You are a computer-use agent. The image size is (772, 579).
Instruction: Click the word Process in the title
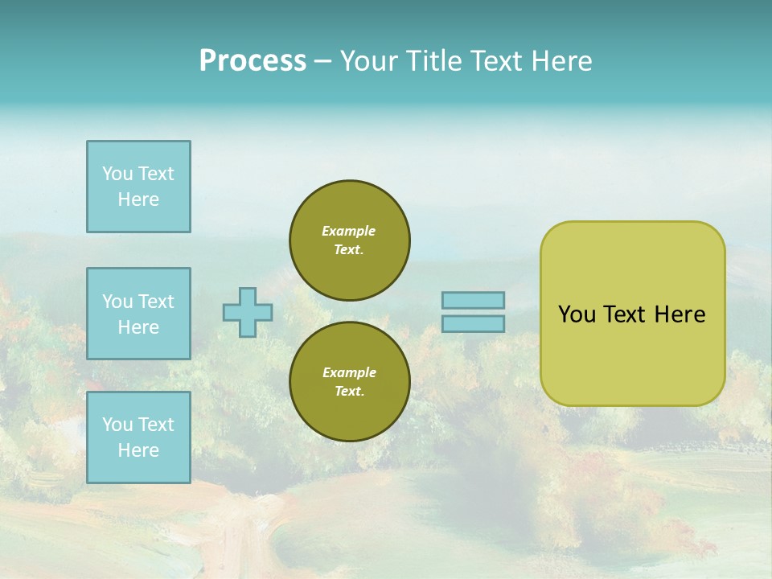coord(253,61)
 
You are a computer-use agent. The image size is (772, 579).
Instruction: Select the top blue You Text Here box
coord(138,187)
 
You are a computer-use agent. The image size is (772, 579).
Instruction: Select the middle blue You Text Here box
coord(138,314)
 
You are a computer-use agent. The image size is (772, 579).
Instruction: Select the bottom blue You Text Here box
coord(138,437)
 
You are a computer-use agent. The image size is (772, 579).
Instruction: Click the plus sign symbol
coord(248,312)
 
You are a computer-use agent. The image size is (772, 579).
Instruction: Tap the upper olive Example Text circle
coord(350,240)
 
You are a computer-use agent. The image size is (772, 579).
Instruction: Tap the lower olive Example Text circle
coord(350,382)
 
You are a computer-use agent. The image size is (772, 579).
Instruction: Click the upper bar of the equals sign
coord(473,300)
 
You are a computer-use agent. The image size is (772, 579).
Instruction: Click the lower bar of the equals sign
coord(473,323)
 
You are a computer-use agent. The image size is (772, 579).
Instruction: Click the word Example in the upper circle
coord(348,231)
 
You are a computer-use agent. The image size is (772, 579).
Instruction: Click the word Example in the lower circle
coord(349,372)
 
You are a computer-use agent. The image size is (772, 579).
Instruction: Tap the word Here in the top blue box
coord(138,199)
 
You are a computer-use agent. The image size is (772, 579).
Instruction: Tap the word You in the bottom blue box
coord(117,425)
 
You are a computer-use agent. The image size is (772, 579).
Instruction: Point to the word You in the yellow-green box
coord(577,314)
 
